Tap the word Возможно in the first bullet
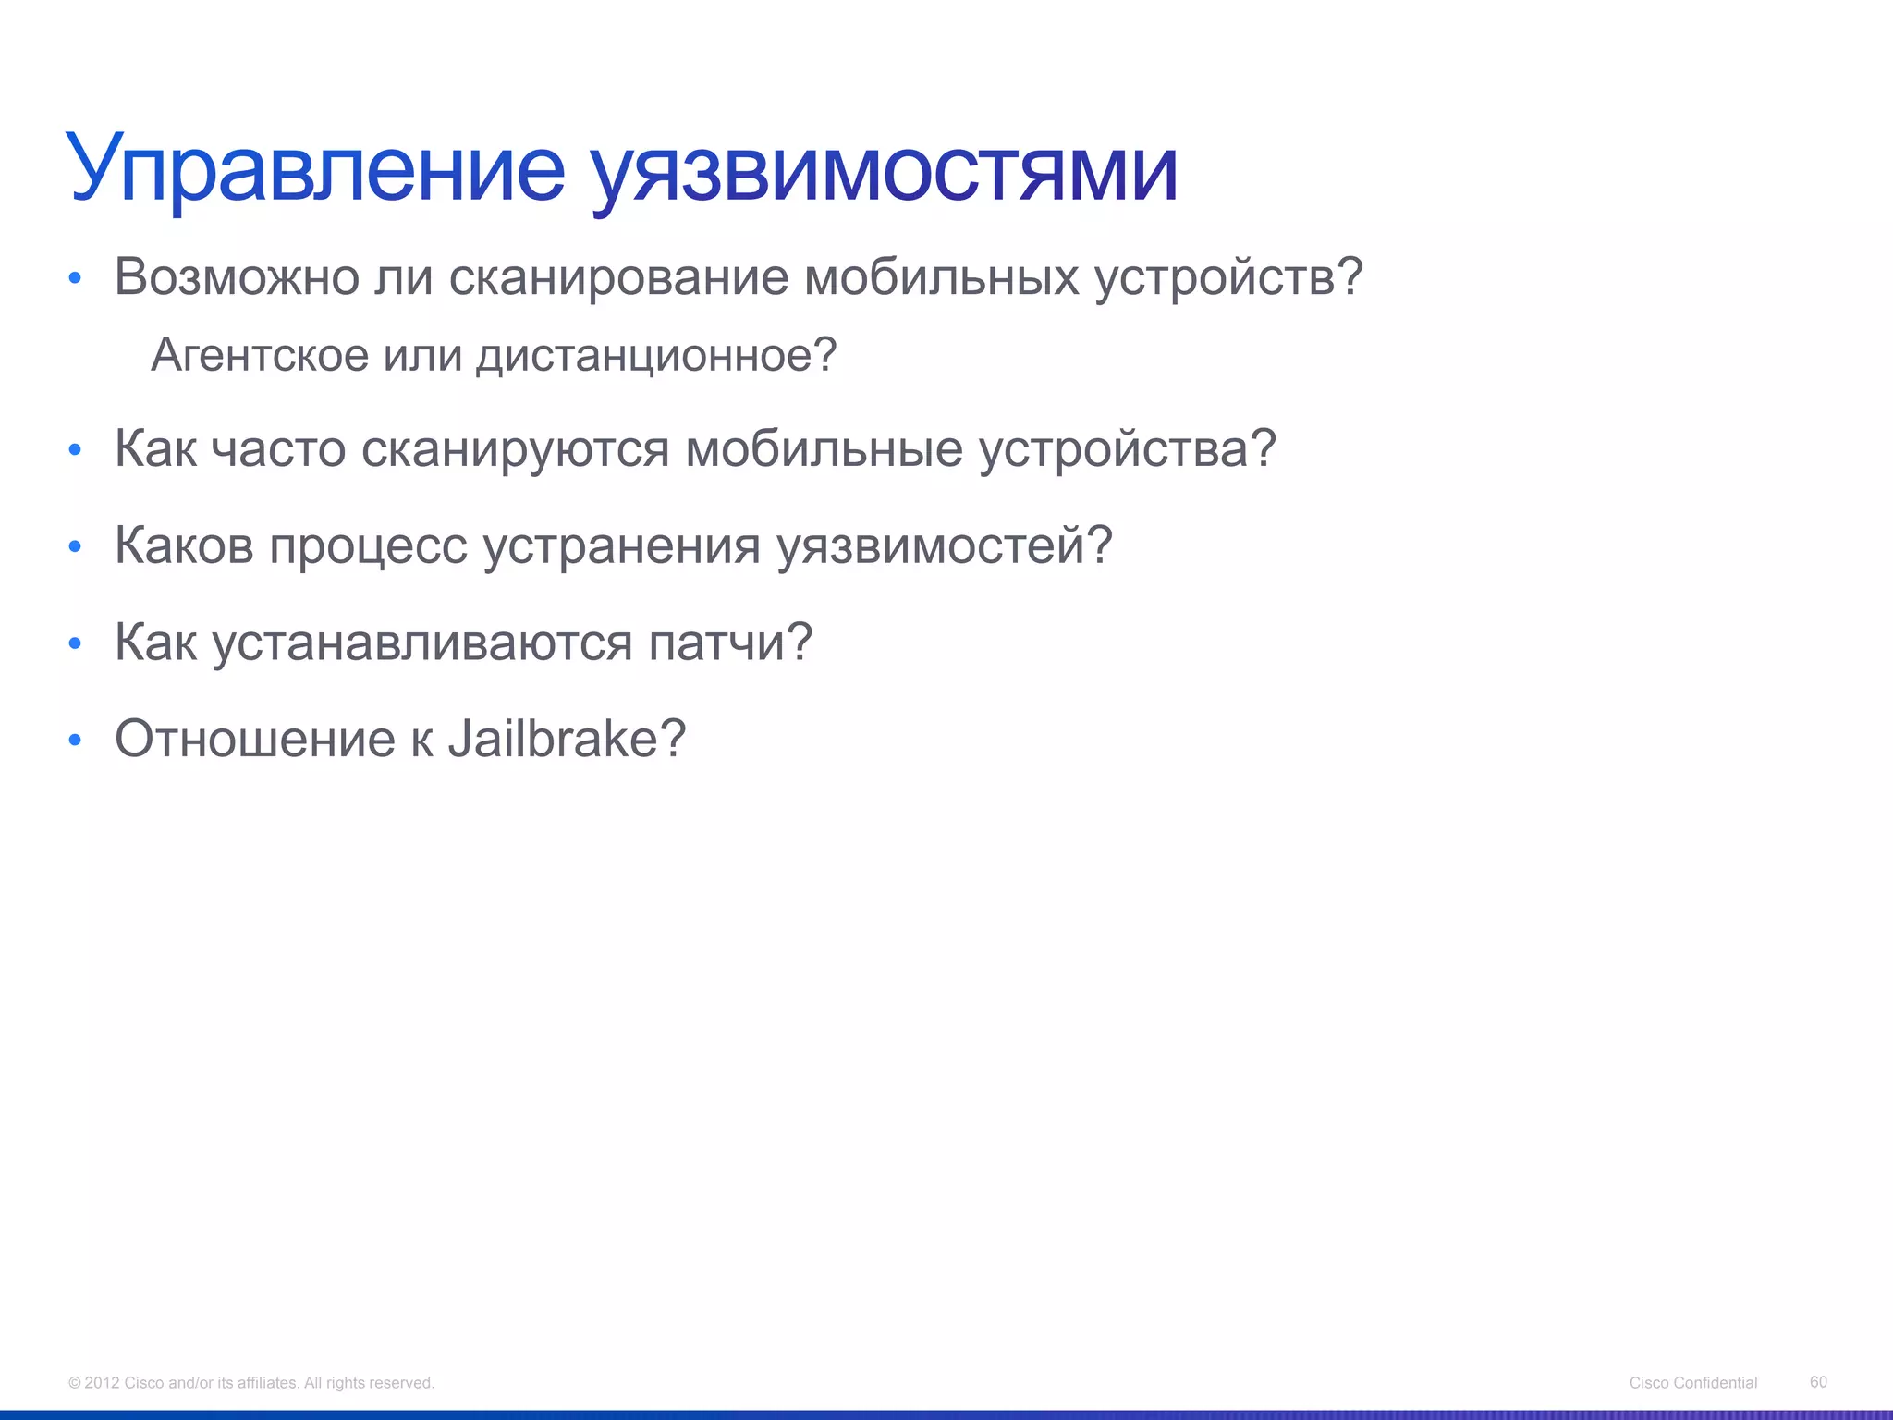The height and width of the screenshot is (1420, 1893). (x=237, y=276)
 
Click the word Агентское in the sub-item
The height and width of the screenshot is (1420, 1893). (x=260, y=355)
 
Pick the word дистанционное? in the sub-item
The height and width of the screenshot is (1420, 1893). (x=656, y=355)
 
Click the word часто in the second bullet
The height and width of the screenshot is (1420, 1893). (x=278, y=449)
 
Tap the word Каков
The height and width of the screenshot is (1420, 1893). (x=184, y=545)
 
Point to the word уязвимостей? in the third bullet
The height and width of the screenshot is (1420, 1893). (x=944, y=545)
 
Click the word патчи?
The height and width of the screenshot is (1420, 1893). (x=730, y=643)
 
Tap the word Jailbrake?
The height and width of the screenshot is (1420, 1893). (x=567, y=739)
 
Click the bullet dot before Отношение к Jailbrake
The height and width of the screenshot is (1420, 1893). (x=76, y=740)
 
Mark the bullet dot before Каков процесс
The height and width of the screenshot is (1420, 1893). (x=76, y=546)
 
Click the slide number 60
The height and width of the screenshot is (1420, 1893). (x=1818, y=1381)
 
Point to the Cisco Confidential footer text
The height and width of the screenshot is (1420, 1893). (x=1692, y=1382)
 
